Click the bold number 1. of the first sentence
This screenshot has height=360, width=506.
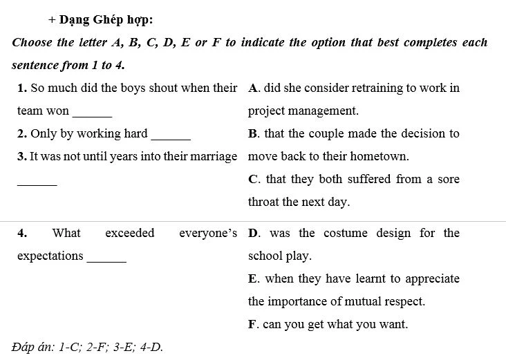[22, 88]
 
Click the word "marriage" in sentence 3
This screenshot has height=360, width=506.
[215, 156]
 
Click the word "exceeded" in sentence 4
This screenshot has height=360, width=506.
[130, 233]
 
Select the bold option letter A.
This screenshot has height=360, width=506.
[253, 88]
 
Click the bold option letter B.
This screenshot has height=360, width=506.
[253, 133]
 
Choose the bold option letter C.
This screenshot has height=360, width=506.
[253, 179]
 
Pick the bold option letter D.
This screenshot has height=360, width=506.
[253, 233]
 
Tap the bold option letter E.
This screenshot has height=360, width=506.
[253, 278]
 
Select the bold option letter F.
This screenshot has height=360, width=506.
[252, 324]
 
